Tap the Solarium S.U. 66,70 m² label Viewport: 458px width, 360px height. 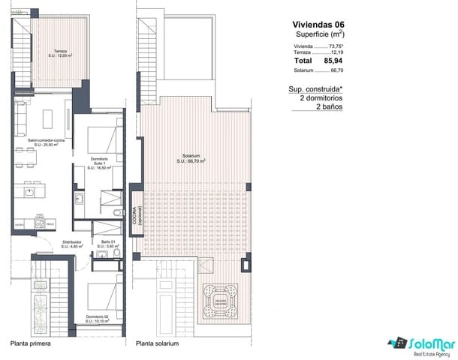pos(191,157)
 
